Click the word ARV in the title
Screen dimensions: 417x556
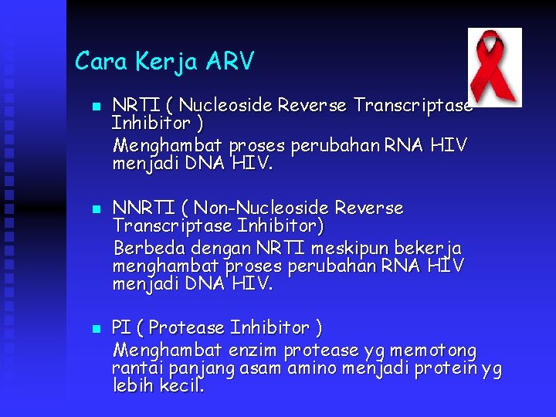tap(229, 61)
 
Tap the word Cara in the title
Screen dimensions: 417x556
tap(100, 61)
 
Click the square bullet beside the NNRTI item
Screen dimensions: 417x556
tap(95, 209)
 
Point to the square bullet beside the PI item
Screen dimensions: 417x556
tap(95, 329)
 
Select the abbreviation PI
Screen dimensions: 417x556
tap(121, 328)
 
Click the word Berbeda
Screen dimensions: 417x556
tap(147, 248)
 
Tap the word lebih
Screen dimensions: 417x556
tap(134, 385)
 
